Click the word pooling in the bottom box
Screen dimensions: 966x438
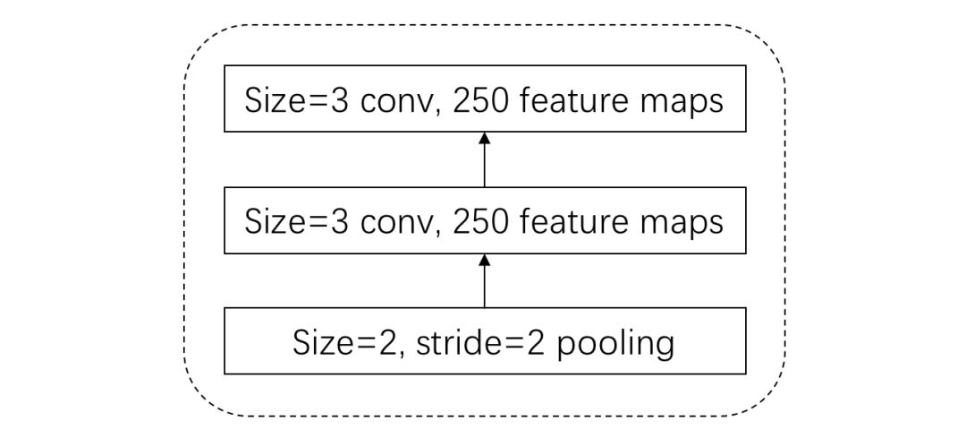615,344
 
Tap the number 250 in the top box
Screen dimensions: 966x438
481,100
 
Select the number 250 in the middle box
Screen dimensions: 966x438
481,221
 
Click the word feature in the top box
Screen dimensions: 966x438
569,100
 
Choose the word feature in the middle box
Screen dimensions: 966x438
569,221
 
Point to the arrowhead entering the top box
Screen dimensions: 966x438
484,138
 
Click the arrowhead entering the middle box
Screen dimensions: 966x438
484,260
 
